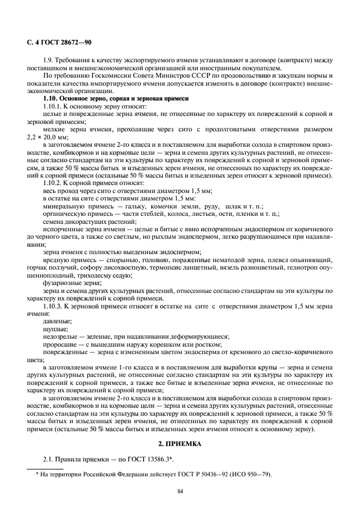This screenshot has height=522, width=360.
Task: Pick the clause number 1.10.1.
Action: (x=54, y=106)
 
